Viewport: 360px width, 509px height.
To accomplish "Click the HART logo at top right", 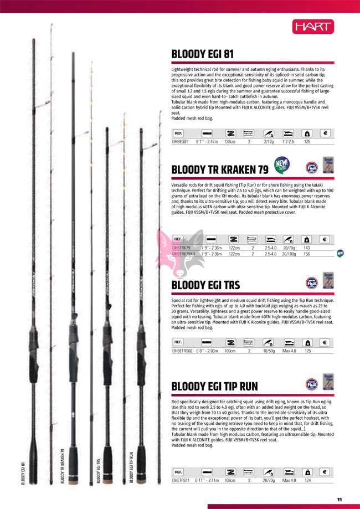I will click(313, 27).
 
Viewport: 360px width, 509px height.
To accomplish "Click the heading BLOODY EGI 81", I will click(202, 55).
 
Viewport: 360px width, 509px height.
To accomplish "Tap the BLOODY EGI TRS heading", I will click(205, 285).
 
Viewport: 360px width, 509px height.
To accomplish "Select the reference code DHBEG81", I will click(181, 142).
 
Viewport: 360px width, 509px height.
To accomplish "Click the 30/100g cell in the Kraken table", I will click(289, 254).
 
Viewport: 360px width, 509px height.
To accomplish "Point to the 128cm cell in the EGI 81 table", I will click(230, 142).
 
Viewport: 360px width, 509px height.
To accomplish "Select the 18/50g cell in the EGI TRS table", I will click(269, 351).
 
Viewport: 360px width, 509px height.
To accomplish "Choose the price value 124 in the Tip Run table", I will click(307, 480).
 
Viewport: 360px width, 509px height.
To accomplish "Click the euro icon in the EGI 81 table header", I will click(326, 133).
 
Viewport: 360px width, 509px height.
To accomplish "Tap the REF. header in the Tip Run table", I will click(178, 472).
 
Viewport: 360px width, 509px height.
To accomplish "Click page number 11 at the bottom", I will click(340, 500).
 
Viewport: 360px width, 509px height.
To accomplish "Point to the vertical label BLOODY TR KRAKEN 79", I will click(63, 466).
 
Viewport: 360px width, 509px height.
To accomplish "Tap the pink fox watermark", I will click(174, 253).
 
